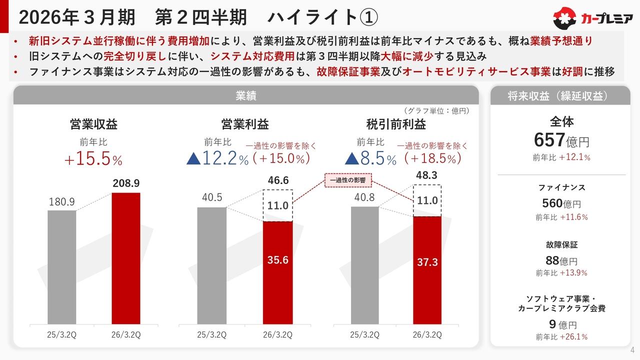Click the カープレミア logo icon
[565, 19]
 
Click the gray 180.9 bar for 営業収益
[62, 267]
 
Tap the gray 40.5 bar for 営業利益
[211, 265]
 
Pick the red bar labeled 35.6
[277, 273]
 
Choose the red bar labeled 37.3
[427, 270]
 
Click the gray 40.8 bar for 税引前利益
[364, 265]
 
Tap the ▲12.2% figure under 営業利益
[217, 159]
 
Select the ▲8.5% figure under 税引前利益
[370, 159]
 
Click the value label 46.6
[278, 180]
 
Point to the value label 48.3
[427, 176]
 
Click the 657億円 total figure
[561, 140]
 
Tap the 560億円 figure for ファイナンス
[561, 203]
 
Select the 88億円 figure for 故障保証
[561, 260]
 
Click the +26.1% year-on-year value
[573, 337]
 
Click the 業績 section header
[245, 96]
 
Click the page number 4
[632, 349]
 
